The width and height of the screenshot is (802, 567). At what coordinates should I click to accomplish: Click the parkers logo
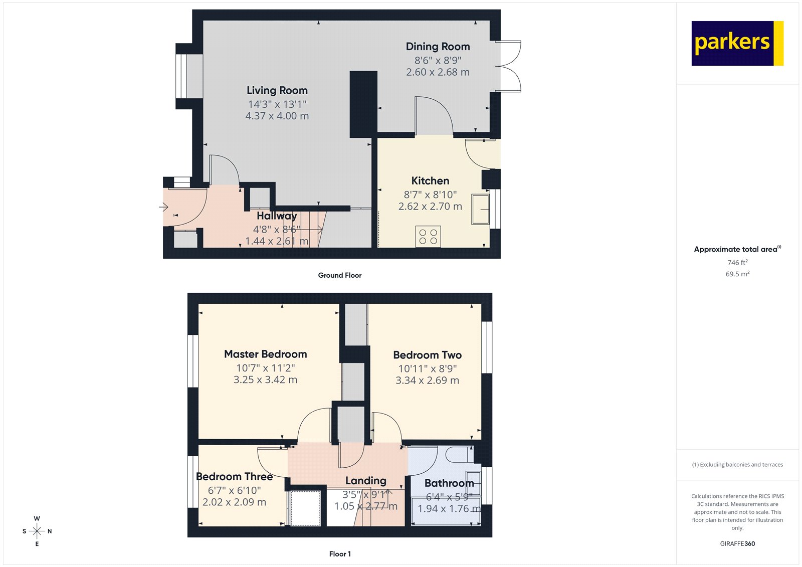[x=737, y=43]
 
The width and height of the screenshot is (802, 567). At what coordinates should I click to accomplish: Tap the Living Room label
[x=277, y=91]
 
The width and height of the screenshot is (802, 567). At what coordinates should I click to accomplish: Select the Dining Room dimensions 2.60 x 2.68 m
[x=438, y=72]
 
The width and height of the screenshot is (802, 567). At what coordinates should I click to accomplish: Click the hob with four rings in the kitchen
[x=428, y=237]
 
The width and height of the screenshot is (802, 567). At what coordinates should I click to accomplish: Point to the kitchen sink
[x=480, y=209]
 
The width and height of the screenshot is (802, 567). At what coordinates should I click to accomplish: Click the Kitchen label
[x=430, y=181]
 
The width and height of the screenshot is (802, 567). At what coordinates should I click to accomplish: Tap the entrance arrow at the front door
[x=163, y=207]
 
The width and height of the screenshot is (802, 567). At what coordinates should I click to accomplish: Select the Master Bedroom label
[x=265, y=354]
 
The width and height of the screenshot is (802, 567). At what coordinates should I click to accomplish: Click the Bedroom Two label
[x=427, y=355]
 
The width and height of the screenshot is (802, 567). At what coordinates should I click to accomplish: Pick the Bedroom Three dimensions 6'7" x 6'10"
[x=234, y=490]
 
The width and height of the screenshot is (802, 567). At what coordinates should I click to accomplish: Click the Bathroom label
[x=449, y=483]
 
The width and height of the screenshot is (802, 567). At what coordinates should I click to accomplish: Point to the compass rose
[x=37, y=531]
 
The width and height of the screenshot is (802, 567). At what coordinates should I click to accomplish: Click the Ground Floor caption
[x=339, y=275]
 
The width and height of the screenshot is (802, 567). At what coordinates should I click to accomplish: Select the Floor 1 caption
[x=340, y=554]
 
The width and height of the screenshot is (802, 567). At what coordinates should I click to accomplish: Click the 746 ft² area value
[x=737, y=263]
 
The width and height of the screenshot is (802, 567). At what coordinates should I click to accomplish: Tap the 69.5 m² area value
[x=737, y=274]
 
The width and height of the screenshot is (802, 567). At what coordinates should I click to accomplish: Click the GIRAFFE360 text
[x=737, y=543]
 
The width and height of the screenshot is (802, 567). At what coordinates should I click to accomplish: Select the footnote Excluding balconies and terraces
[x=737, y=465]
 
